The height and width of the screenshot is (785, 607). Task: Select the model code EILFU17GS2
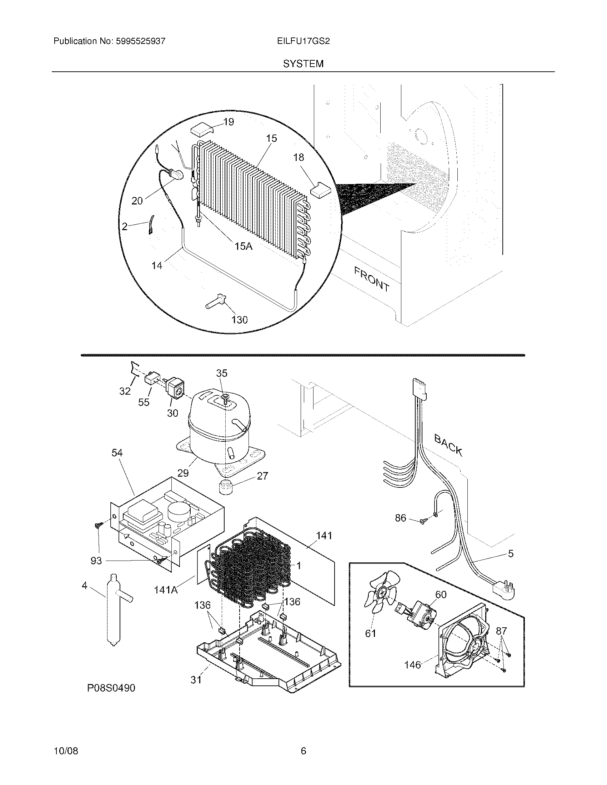pyautogui.click(x=303, y=41)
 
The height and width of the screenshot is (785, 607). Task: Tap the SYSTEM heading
pyautogui.click(x=303, y=64)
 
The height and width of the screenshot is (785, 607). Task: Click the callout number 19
pyautogui.click(x=229, y=122)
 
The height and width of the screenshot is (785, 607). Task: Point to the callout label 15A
pyautogui.click(x=244, y=246)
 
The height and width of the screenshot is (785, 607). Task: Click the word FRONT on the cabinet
pyautogui.click(x=371, y=279)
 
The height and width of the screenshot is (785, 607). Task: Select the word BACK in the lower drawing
pyautogui.click(x=448, y=445)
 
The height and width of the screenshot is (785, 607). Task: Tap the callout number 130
pyautogui.click(x=240, y=320)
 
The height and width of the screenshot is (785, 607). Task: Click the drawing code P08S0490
pyautogui.click(x=111, y=688)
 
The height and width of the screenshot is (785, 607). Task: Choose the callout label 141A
pyautogui.click(x=166, y=590)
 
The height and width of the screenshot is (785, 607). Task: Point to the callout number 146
pyautogui.click(x=412, y=665)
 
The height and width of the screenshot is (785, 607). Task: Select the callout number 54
pyautogui.click(x=117, y=453)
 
